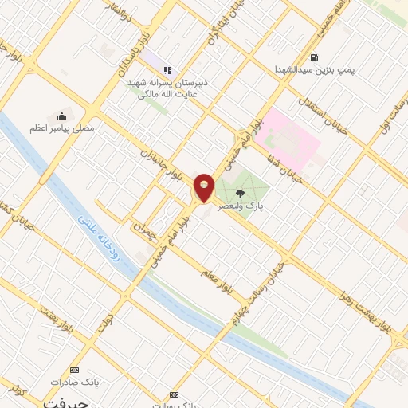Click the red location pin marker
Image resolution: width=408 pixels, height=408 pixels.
pos(205,186)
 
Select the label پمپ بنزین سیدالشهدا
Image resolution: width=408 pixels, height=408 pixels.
pos(314,70)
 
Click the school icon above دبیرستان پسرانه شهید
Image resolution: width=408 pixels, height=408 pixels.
pos(167,70)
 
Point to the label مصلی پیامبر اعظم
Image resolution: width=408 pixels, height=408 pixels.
pos(62,127)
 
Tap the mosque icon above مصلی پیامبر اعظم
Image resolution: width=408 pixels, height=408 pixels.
pos(62,116)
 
